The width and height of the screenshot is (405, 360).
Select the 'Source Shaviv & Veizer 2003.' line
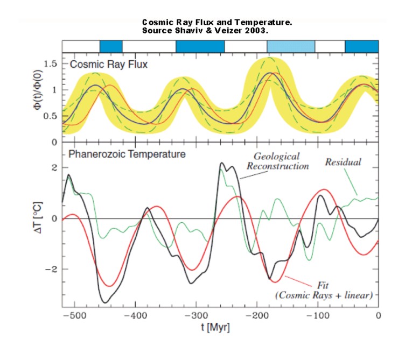pyautogui.click(x=213, y=30)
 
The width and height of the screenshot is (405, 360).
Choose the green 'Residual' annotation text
pyautogui.click(x=344, y=161)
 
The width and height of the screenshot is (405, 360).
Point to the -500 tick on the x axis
pyautogui.click(x=74, y=315)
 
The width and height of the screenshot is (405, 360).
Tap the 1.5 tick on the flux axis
pyautogui.click(x=50, y=64)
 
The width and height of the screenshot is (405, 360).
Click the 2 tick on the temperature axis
pyautogui.click(x=54, y=168)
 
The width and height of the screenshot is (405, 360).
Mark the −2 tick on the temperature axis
pyautogui.click(x=52, y=269)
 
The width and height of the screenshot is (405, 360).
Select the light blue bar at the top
pyautogui.click(x=291, y=46)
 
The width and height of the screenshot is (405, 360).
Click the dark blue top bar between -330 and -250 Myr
pyautogui.click(x=200, y=46)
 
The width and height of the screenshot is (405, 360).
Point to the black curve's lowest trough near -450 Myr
pyautogui.click(x=106, y=302)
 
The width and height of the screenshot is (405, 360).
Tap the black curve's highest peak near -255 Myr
pyautogui.click(x=221, y=163)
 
